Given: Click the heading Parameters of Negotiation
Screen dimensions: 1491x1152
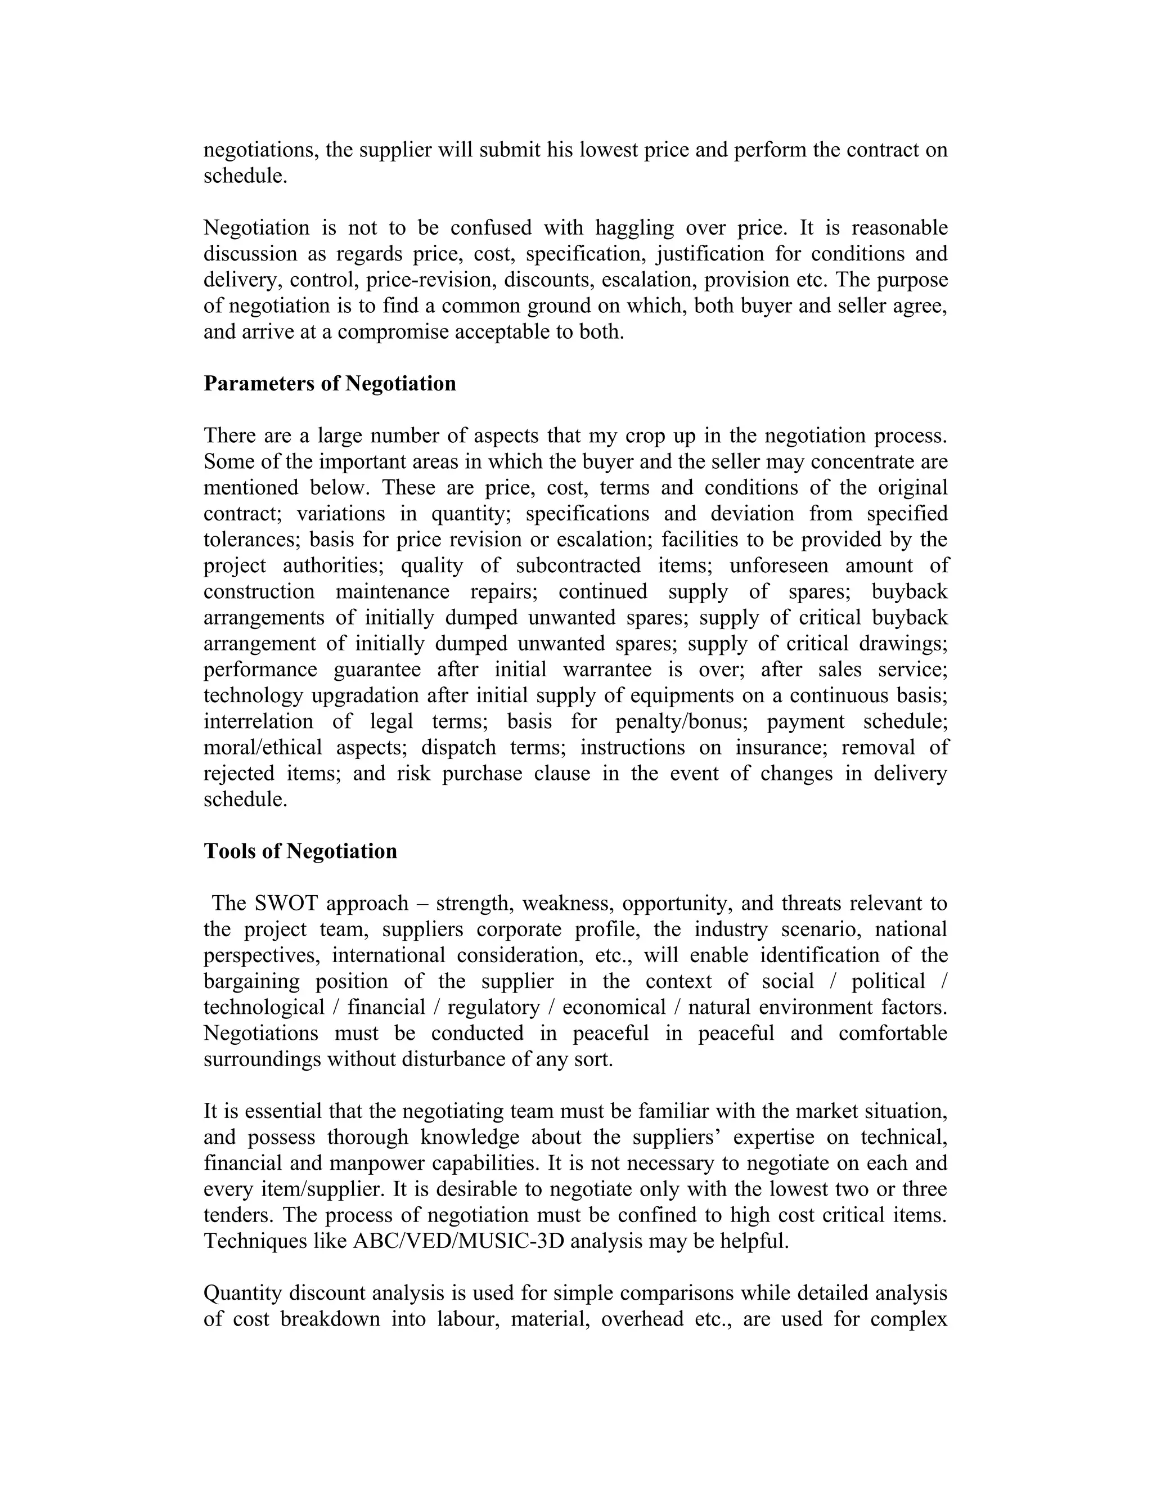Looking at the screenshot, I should point(330,384).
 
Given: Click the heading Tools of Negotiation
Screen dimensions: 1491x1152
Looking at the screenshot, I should point(300,851).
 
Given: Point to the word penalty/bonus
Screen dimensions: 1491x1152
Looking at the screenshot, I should point(682,722).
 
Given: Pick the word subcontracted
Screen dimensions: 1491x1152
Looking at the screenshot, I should point(578,566).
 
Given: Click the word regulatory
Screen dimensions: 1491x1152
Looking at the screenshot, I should point(493,1008).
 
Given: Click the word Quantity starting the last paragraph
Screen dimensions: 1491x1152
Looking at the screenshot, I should point(243,1293).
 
